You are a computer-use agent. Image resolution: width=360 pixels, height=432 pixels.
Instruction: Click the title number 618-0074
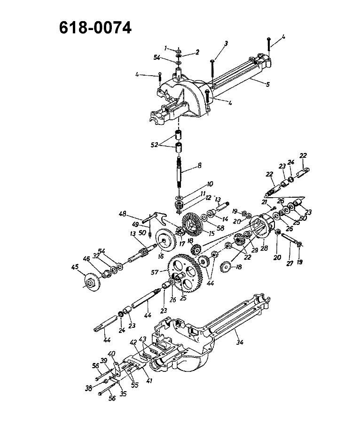point(95,28)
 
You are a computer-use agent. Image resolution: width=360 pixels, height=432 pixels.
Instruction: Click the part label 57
point(155,272)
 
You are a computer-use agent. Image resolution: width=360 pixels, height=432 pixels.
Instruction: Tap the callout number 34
point(240,342)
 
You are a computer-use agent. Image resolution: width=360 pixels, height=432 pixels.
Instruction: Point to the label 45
point(75,267)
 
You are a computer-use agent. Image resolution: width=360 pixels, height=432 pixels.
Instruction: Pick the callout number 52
point(155,145)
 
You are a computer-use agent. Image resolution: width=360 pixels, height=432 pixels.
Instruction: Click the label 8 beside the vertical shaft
point(200,165)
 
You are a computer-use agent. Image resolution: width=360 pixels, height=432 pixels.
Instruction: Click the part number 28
point(264,248)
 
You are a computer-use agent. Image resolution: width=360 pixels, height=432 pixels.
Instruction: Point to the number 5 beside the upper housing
point(267,85)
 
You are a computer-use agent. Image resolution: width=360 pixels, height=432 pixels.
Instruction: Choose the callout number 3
point(226,43)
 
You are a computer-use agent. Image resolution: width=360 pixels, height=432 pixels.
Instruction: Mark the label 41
point(149,381)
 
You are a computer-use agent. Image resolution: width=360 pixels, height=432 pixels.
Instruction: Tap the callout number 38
point(88,389)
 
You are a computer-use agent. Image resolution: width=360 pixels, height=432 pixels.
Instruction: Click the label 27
point(290,263)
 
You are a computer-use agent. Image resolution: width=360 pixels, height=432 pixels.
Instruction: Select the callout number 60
point(303,218)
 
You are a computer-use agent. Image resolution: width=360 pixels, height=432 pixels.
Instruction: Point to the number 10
point(210,184)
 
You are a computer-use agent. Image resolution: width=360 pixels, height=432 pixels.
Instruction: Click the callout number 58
point(220,228)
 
